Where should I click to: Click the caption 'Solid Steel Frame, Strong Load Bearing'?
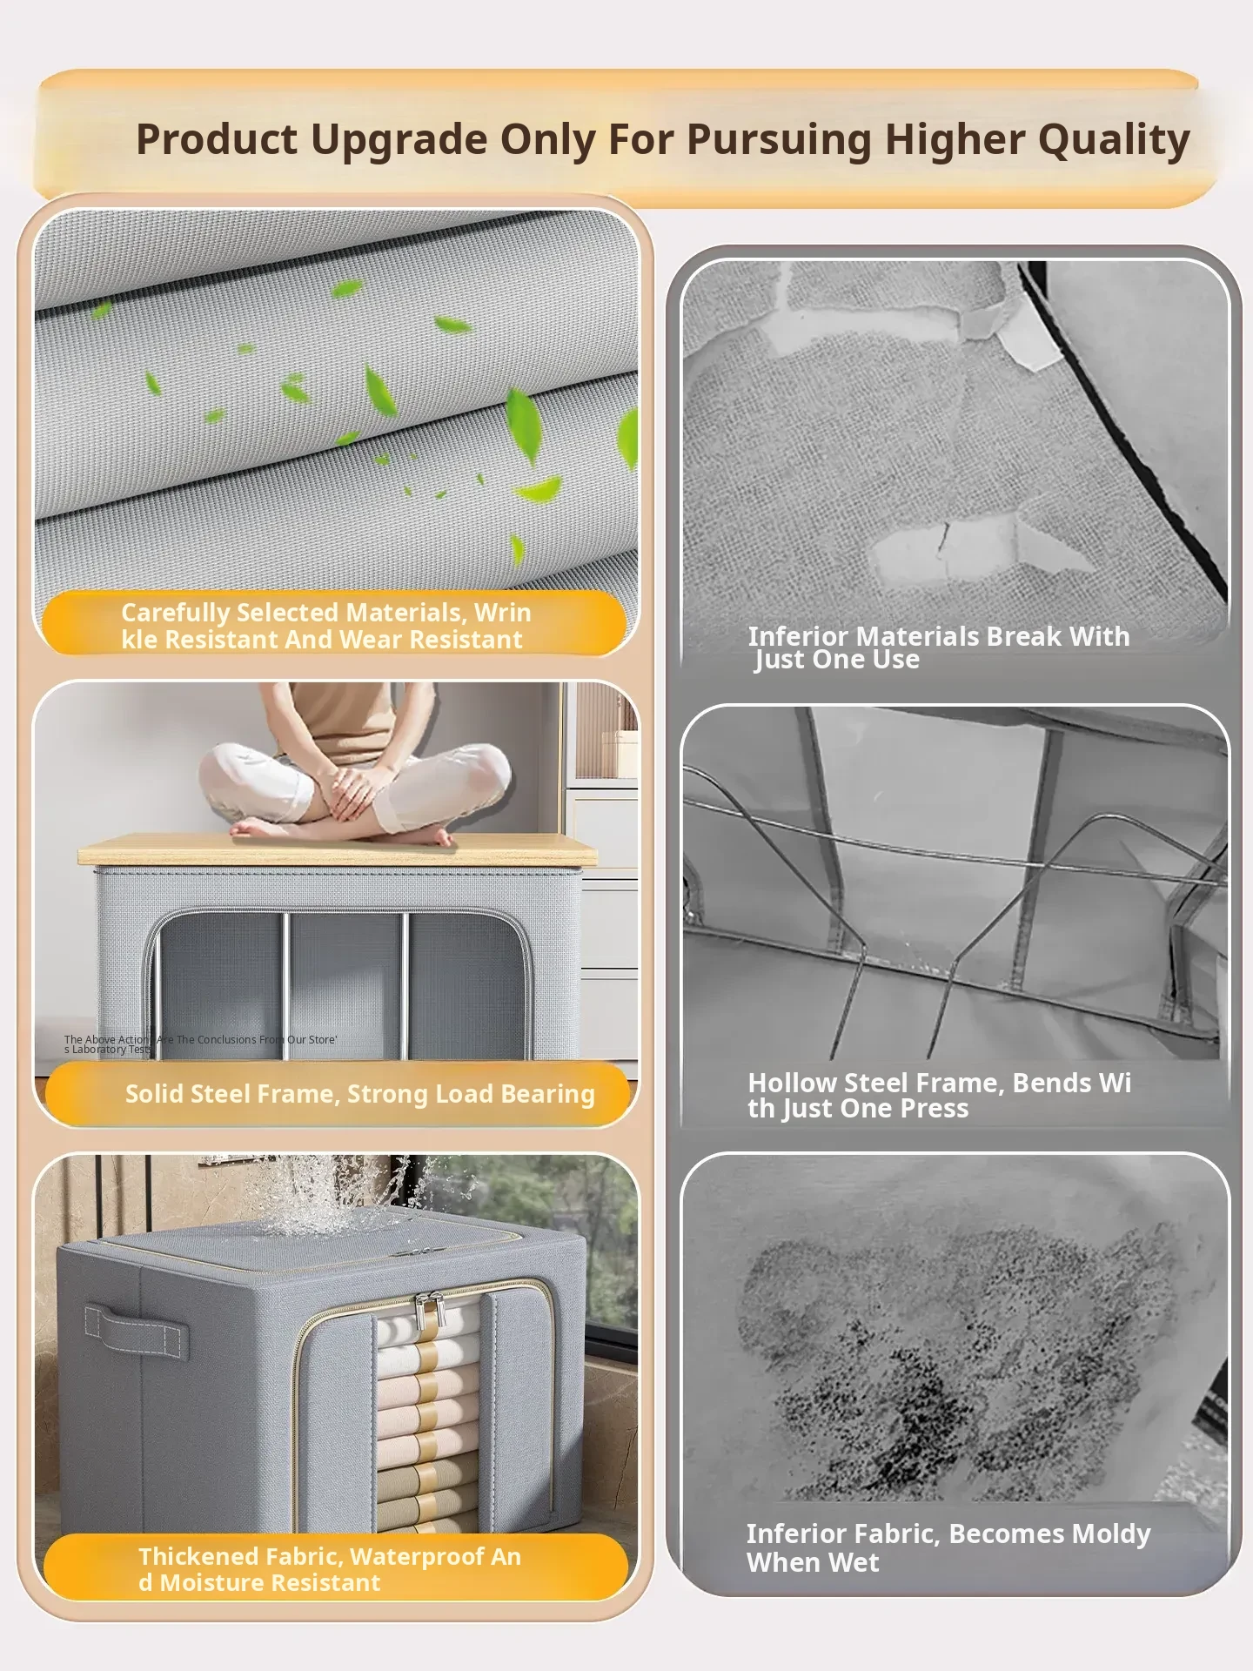pos(360,1094)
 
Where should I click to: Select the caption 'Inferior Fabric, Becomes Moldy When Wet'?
pos(948,1547)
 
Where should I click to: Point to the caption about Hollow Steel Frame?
pos(940,1095)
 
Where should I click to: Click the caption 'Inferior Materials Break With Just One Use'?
pos(939,648)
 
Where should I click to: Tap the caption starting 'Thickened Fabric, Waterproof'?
pos(330,1568)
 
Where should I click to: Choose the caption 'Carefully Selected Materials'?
pos(326,626)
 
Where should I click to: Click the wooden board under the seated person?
pos(338,849)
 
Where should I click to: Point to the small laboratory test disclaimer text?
pos(200,1044)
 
